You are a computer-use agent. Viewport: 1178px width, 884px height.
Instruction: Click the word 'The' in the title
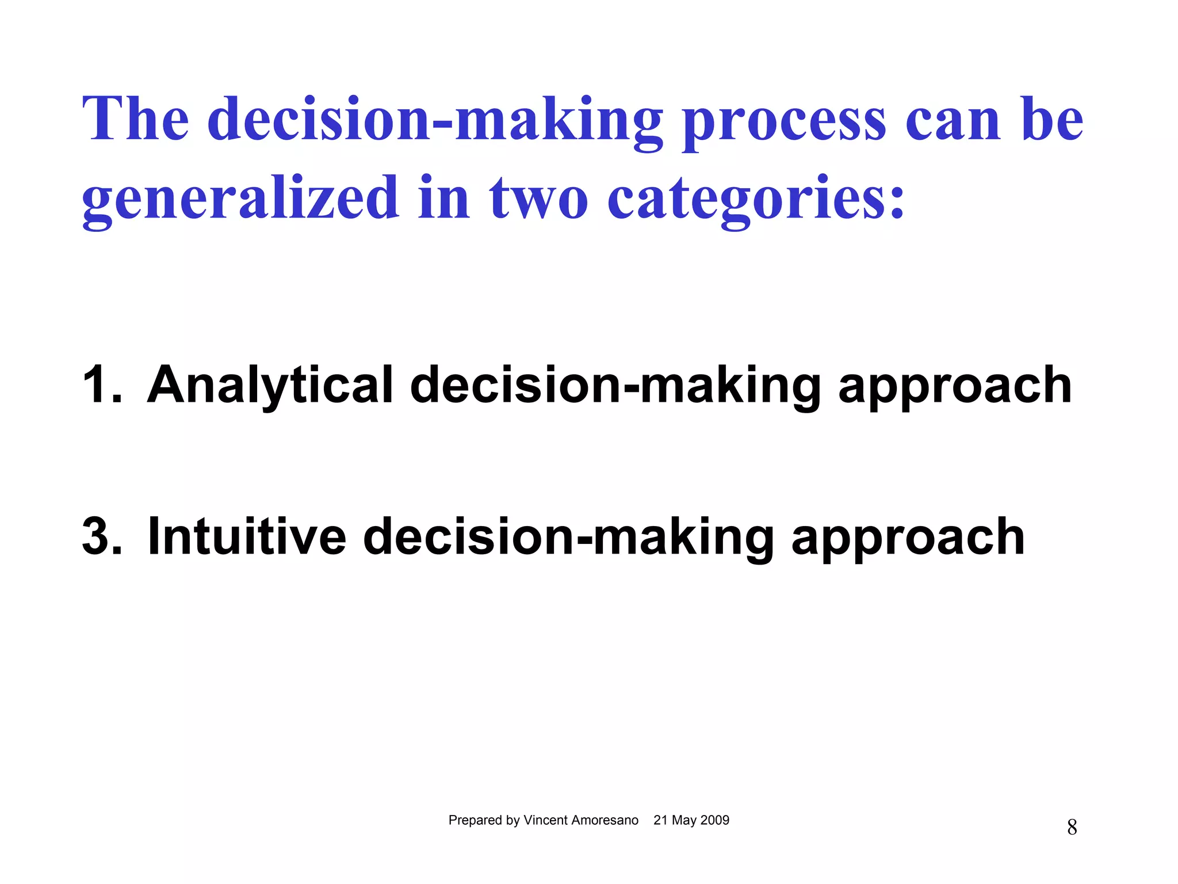tap(136, 119)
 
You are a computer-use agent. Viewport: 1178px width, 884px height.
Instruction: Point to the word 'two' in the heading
tap(538, 199)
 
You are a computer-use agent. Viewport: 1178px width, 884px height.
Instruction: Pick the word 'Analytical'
tap(270, 386)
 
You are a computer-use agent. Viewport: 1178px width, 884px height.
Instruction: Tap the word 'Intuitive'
tap(247, 536)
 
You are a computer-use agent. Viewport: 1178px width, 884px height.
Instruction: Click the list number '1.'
tap(102, 384)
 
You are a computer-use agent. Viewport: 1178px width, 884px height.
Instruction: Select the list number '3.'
tap(102, 536)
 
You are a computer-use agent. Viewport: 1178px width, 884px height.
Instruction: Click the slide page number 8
tap(1072, 828)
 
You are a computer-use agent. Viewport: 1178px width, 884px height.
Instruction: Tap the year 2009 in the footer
tap(714, 820)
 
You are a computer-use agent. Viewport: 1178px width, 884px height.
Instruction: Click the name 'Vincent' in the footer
tap(544, 820)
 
